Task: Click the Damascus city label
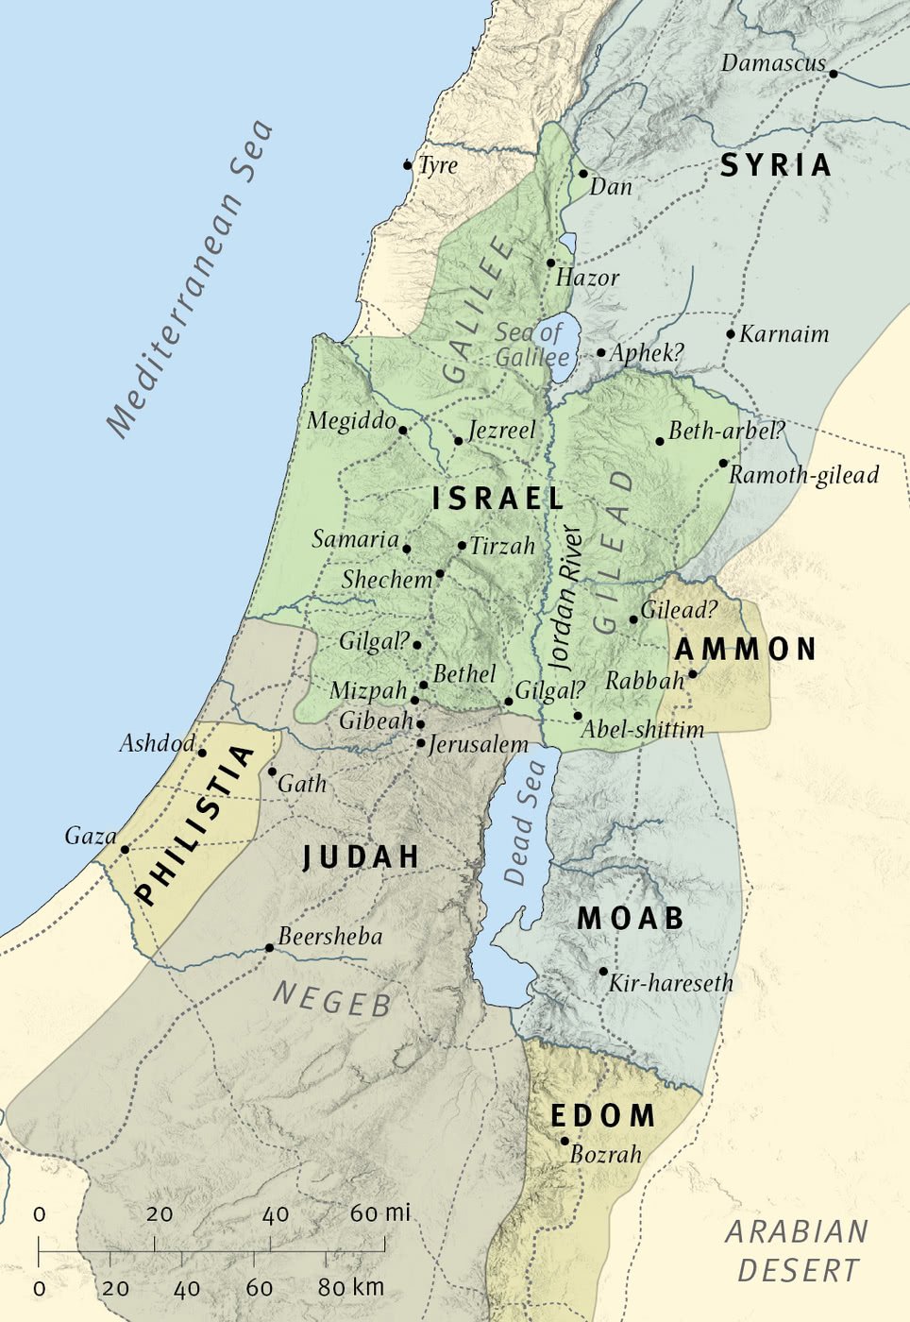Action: point(772,64)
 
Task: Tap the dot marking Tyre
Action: point(408,165)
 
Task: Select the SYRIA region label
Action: point(776,165)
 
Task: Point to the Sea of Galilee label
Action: point(531,345)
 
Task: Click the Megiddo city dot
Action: point(403,431)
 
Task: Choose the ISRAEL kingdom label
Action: point(497,499)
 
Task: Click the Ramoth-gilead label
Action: point(803,475)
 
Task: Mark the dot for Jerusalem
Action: point(421,743)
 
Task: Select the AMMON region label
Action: point(745,649)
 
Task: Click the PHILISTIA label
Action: point(194,825)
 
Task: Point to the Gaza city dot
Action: point(125,850)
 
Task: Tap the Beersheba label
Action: point(330,937)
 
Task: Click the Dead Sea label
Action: point(525,823)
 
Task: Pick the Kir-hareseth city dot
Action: point(603,971)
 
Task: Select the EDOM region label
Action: point(602,1115)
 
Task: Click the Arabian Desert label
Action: point(797,1251)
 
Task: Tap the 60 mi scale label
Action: point(380,1213)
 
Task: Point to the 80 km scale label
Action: point(350,1288)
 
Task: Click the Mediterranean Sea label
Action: point(190,280)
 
